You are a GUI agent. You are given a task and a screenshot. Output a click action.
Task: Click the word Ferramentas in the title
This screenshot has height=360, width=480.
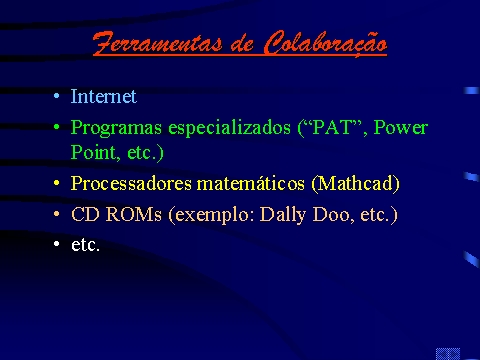click(158, 43)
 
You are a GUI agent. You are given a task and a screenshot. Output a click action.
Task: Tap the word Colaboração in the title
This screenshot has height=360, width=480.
click(325, 43)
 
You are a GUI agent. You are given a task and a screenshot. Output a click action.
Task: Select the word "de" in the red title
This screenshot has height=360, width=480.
click(242, 45)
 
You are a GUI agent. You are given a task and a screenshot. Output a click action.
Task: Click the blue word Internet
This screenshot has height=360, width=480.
click(104, 96)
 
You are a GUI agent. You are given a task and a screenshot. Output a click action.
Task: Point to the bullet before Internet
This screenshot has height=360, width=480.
click(57, 96)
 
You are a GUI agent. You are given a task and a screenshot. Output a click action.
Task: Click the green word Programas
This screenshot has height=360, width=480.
click(116, 128)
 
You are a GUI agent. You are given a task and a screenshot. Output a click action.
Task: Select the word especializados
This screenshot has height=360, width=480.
click(229, 128)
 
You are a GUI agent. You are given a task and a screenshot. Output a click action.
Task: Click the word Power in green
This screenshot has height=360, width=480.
click(401, 127)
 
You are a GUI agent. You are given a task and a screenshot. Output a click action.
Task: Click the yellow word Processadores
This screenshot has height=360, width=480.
click(131, 183)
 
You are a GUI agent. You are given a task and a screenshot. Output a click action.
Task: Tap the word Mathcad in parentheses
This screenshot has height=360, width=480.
click(355, 183)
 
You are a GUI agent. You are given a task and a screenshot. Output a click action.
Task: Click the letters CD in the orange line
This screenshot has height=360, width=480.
click(85, 214)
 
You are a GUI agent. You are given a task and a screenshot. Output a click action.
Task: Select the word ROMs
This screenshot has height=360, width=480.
click(134, 214)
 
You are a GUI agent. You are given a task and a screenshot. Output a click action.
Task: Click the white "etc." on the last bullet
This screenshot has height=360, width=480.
click(85, 245)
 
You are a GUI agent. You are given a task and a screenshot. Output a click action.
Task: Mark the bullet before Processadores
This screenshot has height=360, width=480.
click(57, 183)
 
